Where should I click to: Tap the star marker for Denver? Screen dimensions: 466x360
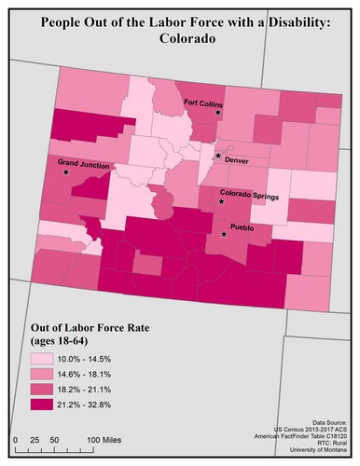218,156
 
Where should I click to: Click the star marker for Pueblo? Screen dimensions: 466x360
223,235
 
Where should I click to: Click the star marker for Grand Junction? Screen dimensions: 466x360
65,173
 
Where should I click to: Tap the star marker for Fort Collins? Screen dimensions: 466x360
218,112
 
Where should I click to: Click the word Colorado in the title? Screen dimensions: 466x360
180,40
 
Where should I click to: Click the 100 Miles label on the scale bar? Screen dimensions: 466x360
107,438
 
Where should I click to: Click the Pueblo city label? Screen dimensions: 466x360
242,227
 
